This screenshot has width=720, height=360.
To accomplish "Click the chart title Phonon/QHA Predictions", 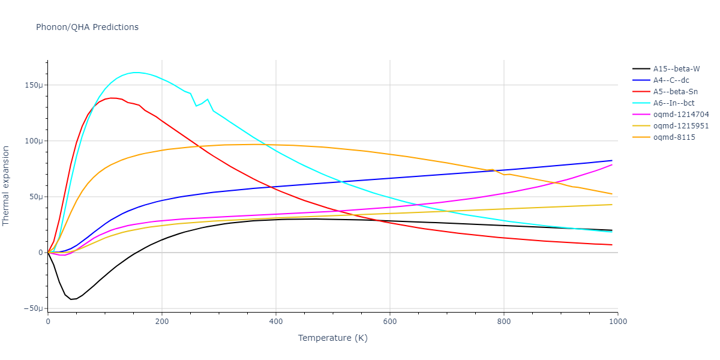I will tap(87, 27).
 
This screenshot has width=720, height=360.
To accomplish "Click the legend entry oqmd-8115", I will tap(674, 137).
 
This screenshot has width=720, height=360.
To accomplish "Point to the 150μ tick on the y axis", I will tap(34, 85).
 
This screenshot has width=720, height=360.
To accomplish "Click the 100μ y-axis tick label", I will tap(34, 141).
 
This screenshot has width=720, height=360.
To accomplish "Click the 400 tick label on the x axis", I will tap(276, 322).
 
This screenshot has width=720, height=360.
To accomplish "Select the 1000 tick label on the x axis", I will tap(617, 322).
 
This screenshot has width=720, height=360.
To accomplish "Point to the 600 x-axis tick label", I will tap(390, 322).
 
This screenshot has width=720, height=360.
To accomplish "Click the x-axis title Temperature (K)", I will tap(333, 338).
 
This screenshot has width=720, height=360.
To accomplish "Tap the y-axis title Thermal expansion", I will tap(7, 186).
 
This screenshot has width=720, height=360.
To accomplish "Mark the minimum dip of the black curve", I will tap(71, 299).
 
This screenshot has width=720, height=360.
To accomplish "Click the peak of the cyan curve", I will tap(137, 72).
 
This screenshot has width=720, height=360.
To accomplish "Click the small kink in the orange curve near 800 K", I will tap(492, 170).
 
